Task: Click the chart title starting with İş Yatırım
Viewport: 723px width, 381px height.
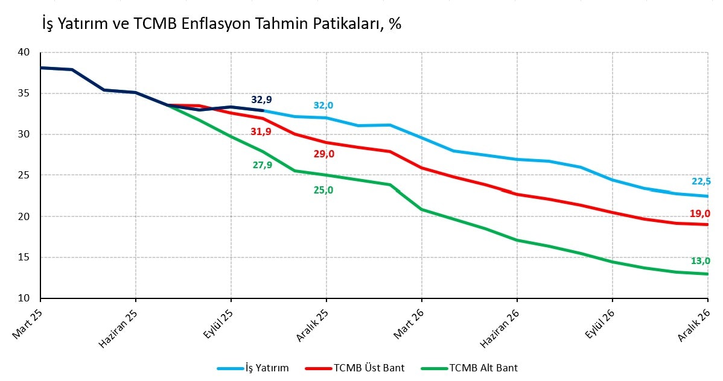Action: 221,24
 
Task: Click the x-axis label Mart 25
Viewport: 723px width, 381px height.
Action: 25,323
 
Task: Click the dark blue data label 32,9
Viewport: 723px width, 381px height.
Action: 262,99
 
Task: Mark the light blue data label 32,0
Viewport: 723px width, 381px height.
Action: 323,105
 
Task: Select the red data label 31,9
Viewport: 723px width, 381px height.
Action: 261,131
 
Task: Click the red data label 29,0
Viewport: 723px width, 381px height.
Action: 323,154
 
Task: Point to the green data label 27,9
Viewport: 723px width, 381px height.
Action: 262,165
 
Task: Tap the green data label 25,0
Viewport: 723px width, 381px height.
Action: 323,190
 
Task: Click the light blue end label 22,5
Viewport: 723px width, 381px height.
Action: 701,181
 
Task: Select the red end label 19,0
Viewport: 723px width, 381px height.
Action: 700,213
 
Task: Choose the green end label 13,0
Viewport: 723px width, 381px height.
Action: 700,261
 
